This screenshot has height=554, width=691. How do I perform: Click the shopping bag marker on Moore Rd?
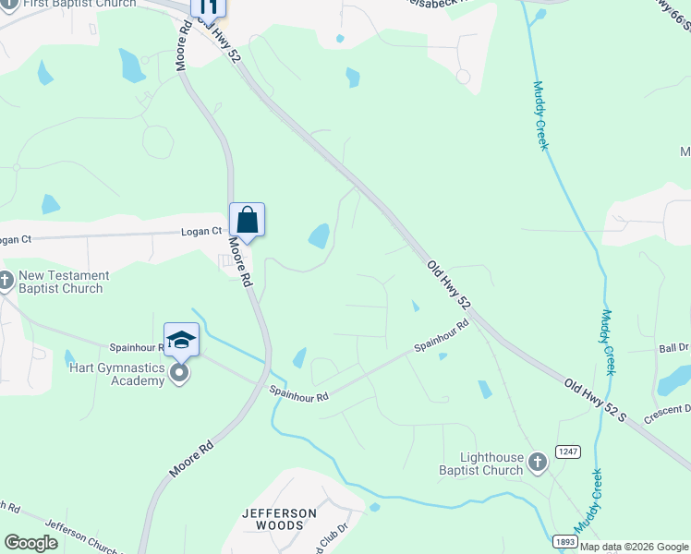[247, 220]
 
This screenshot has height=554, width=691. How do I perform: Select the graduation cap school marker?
[181, 339]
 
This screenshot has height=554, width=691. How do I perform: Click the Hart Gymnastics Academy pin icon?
[180, 373]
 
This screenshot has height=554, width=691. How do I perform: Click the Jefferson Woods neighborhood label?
[279, 519]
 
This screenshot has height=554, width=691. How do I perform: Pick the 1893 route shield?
[566, 543]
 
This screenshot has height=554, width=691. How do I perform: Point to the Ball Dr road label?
[673, 348]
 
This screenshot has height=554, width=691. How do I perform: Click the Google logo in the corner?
[31, 543]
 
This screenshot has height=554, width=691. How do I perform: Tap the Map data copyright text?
[634, 547]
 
